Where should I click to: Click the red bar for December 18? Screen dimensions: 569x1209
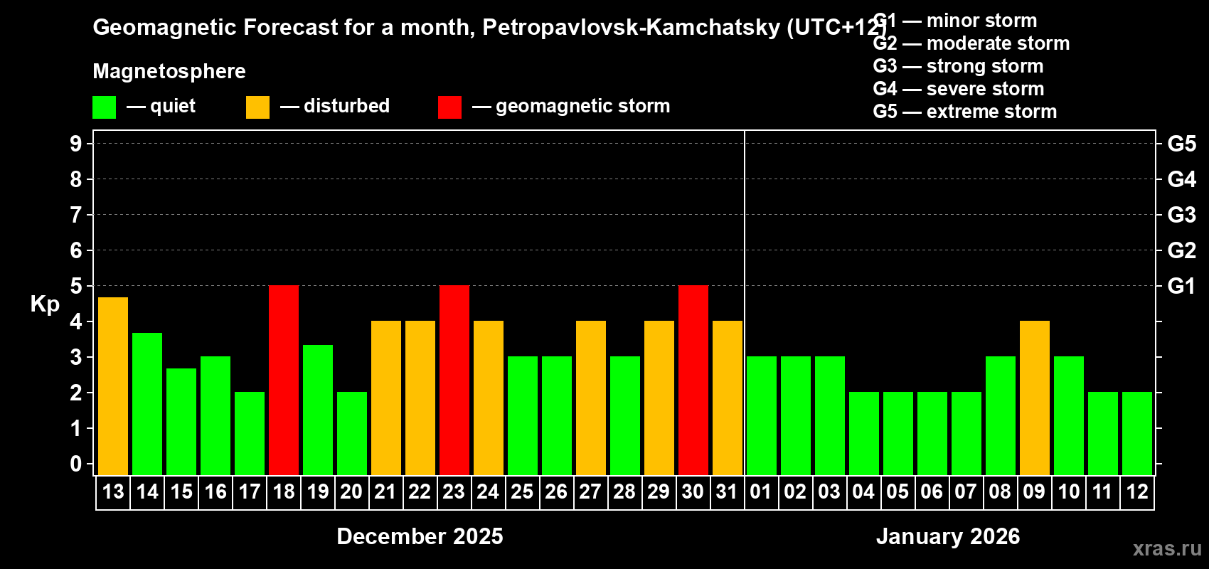284,380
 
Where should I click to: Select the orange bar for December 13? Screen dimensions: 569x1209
113,386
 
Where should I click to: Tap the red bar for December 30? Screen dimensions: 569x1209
693,380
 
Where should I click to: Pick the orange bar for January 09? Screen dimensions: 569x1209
1035,398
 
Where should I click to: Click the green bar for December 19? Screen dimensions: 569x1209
318,410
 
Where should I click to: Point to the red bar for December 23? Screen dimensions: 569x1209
454,380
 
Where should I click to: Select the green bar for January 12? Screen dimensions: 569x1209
1137,433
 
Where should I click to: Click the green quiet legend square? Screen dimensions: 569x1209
105,107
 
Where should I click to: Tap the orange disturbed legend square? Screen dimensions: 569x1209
257,107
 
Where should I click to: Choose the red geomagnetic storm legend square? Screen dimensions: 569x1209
449,107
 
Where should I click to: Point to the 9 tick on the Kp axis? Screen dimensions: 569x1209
76,144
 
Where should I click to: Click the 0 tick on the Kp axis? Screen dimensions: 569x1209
76,464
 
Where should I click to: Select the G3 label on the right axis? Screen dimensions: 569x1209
1181,215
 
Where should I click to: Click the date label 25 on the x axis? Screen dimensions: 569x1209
522,491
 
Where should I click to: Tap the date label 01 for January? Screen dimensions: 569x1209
760,491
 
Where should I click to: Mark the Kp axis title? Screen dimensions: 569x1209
45,304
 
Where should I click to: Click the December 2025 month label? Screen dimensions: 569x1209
420,536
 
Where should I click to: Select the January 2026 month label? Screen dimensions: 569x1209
947,536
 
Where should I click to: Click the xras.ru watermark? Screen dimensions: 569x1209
1167,548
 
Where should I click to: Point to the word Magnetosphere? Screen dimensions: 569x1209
169,71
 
